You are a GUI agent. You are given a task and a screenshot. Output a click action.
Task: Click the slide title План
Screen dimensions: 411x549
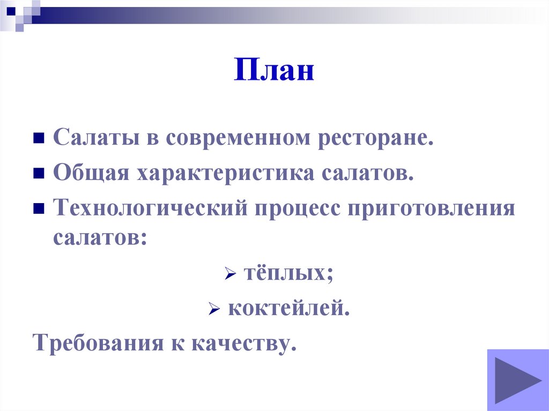click(273, 71)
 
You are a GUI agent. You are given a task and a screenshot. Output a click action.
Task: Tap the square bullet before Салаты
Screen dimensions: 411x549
click(38, 139)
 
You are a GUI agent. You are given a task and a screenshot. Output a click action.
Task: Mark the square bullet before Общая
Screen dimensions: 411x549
click(38, 174)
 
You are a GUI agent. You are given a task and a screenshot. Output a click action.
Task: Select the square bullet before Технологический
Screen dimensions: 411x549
click(38, 208)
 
